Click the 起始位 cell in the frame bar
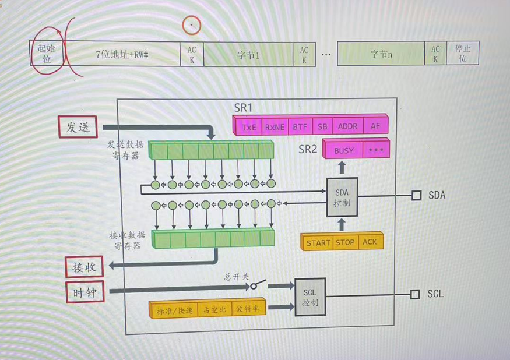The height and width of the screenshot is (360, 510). tap(46, 53)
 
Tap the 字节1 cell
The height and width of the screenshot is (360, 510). tap(248, 55)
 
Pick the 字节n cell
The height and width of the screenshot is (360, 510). tap(381, 54)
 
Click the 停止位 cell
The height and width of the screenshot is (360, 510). tap(462, 54)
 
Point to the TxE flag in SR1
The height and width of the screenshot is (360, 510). tap(249, 126)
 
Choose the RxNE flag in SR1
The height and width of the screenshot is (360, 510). tap(275, 126)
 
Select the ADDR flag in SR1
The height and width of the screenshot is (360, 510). tap(347, 126)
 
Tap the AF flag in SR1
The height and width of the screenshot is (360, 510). tap(375, 126)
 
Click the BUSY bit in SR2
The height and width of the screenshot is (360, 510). tap(343, 150)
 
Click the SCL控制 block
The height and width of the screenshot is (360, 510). tap(310, 297)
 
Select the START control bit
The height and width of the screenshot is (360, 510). tap(318, 242)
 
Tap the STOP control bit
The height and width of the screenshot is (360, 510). tap(344, 242)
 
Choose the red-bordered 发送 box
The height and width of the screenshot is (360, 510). tap(78, 128)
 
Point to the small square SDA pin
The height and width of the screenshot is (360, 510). tap(416, 195)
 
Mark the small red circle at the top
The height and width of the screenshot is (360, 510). tap(191, 24)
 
